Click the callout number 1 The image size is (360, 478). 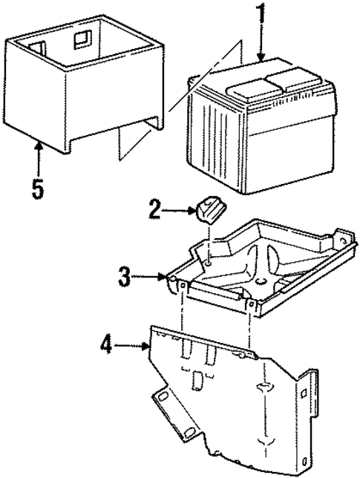(x=260, y=16)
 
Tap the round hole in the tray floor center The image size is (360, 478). (x=261, y=283)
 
